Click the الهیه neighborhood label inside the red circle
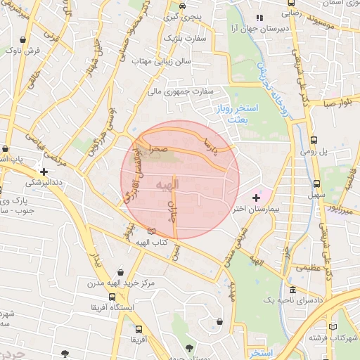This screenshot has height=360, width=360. [169, 184]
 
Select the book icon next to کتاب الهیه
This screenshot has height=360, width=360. [152, 231]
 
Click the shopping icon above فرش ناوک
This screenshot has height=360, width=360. [25, 39]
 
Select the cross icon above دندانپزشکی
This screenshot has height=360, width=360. [44, 171]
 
